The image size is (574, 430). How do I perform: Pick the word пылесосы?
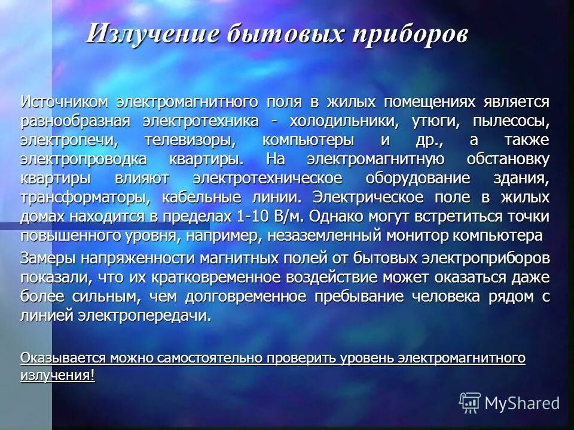click(x=510, y=122)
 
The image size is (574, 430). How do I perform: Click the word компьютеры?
click(x=308, y=141)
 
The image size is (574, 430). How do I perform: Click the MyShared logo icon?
click(x=469, y=402)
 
